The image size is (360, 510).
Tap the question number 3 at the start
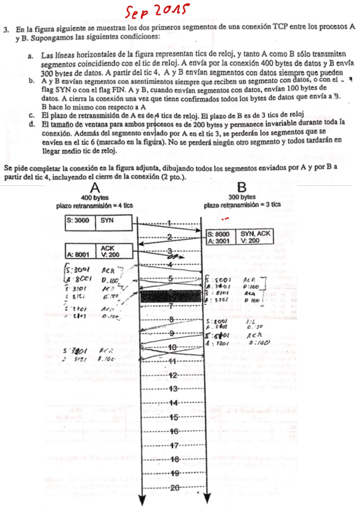[5, 28]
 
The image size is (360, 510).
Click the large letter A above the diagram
[94, 188]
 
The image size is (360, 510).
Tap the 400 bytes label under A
[94, 197]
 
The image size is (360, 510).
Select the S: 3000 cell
[79, 220]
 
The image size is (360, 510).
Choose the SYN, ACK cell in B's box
[255, 235]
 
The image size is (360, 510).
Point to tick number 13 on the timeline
[172, 389]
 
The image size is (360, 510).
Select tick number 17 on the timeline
[172, 446]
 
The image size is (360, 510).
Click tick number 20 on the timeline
[172, 487]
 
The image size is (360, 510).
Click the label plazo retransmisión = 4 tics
[94, 205]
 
